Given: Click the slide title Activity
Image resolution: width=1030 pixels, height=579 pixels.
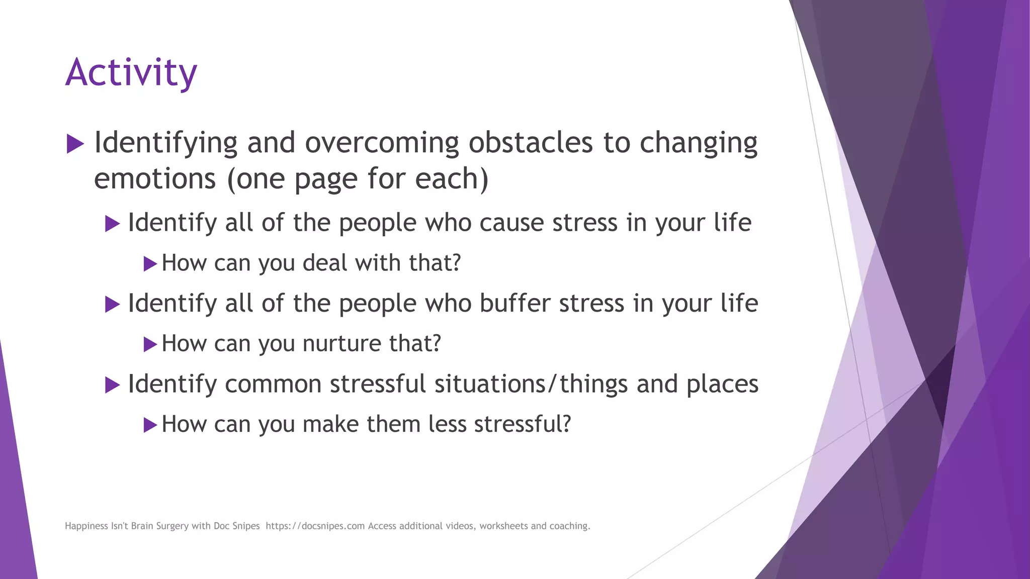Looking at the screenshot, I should (131, 73).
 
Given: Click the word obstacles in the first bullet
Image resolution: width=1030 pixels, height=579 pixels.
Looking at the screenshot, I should (531, 143).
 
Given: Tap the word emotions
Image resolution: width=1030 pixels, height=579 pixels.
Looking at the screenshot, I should (154, 179).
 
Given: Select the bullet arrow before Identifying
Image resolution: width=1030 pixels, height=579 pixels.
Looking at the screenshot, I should (75, 144).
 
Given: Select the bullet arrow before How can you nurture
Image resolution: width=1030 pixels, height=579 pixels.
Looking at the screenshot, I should (150, 345).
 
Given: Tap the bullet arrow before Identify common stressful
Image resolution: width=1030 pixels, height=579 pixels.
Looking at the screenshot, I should (112, 385).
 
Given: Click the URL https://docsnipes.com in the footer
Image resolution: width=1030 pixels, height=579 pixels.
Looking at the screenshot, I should (315, 526).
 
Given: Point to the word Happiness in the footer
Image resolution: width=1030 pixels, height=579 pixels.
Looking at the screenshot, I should (86, 526).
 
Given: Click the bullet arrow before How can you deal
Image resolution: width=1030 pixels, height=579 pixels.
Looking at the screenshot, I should (150, 264).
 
